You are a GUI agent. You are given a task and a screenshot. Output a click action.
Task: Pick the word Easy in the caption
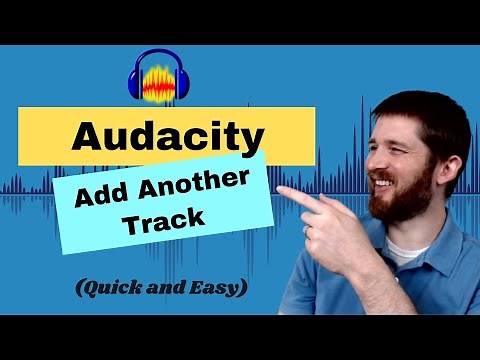221,288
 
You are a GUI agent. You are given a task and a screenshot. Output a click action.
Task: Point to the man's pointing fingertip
281,191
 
